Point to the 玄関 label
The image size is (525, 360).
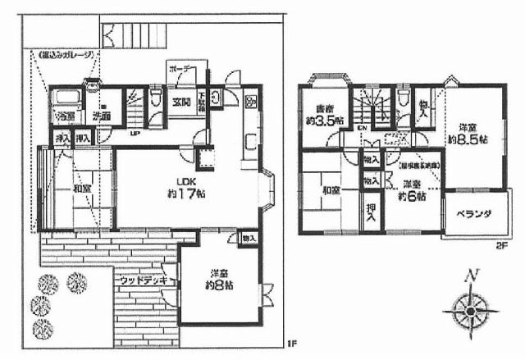coord(182,103)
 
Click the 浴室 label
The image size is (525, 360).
coord(64,116)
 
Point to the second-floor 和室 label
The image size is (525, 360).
coord(331,190)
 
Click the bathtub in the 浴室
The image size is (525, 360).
coord(63,101)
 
